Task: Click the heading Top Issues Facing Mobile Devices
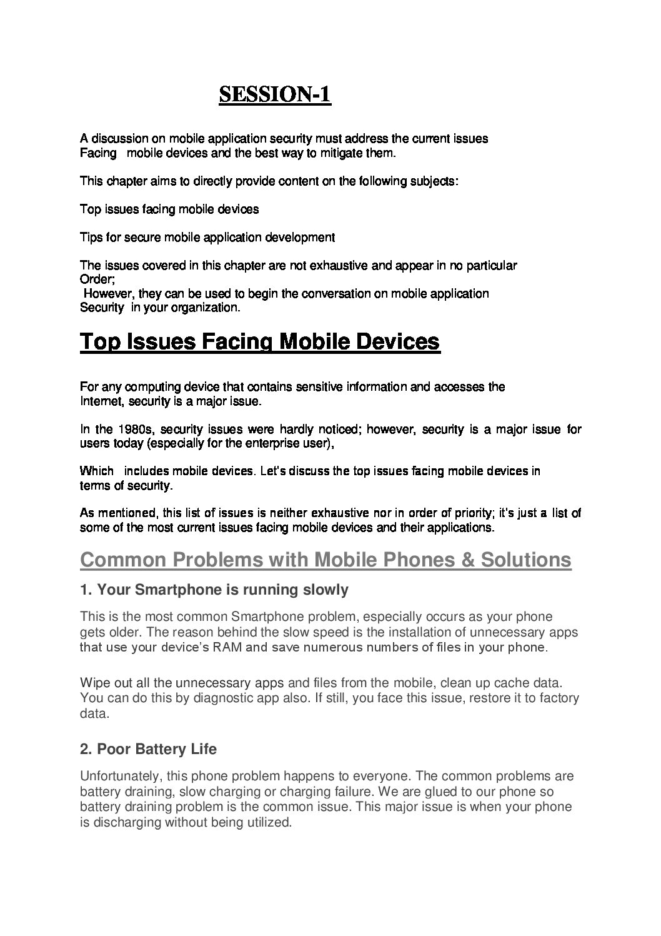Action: tap(260, 342)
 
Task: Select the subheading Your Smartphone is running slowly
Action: tap(214, 590)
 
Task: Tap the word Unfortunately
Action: tap(119, 777)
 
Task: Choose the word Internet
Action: tap(101, 401)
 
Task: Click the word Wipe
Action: tap(94, 682)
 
